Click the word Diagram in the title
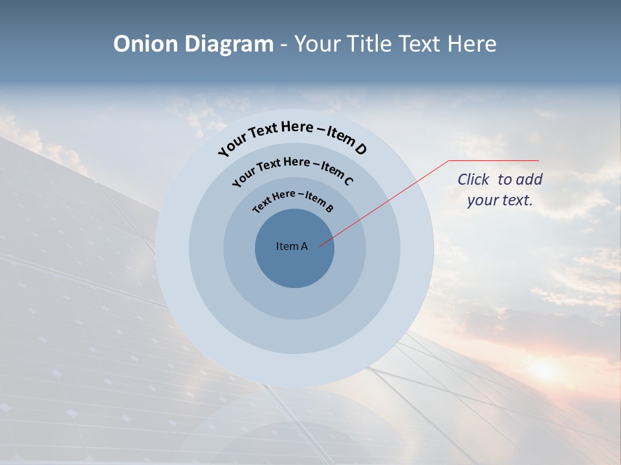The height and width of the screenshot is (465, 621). coord(230,44)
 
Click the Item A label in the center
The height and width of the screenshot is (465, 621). coord(292,246)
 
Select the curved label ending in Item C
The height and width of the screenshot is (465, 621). coord(292,169)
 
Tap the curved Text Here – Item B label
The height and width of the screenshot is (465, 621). coord(293,199)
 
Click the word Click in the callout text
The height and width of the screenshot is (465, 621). coord(475,180)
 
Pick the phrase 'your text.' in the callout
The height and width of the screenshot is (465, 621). coord(500,200)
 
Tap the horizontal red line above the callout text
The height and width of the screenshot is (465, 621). coord(494,160)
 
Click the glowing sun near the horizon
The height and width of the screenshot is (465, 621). coord(544,369)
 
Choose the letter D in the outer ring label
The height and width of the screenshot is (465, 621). coord(360,149)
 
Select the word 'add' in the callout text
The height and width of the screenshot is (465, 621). coord(530,180)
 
